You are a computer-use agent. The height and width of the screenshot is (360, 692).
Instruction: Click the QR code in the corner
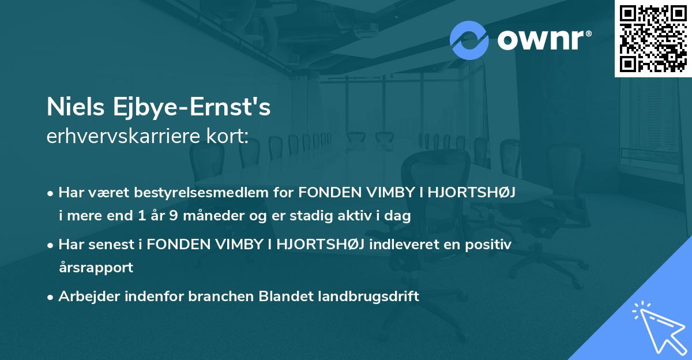click(653, 38)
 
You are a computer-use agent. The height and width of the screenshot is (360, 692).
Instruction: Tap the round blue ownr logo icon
click(469, 40)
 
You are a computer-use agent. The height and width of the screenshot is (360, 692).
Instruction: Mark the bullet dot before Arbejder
click(51, 297)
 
